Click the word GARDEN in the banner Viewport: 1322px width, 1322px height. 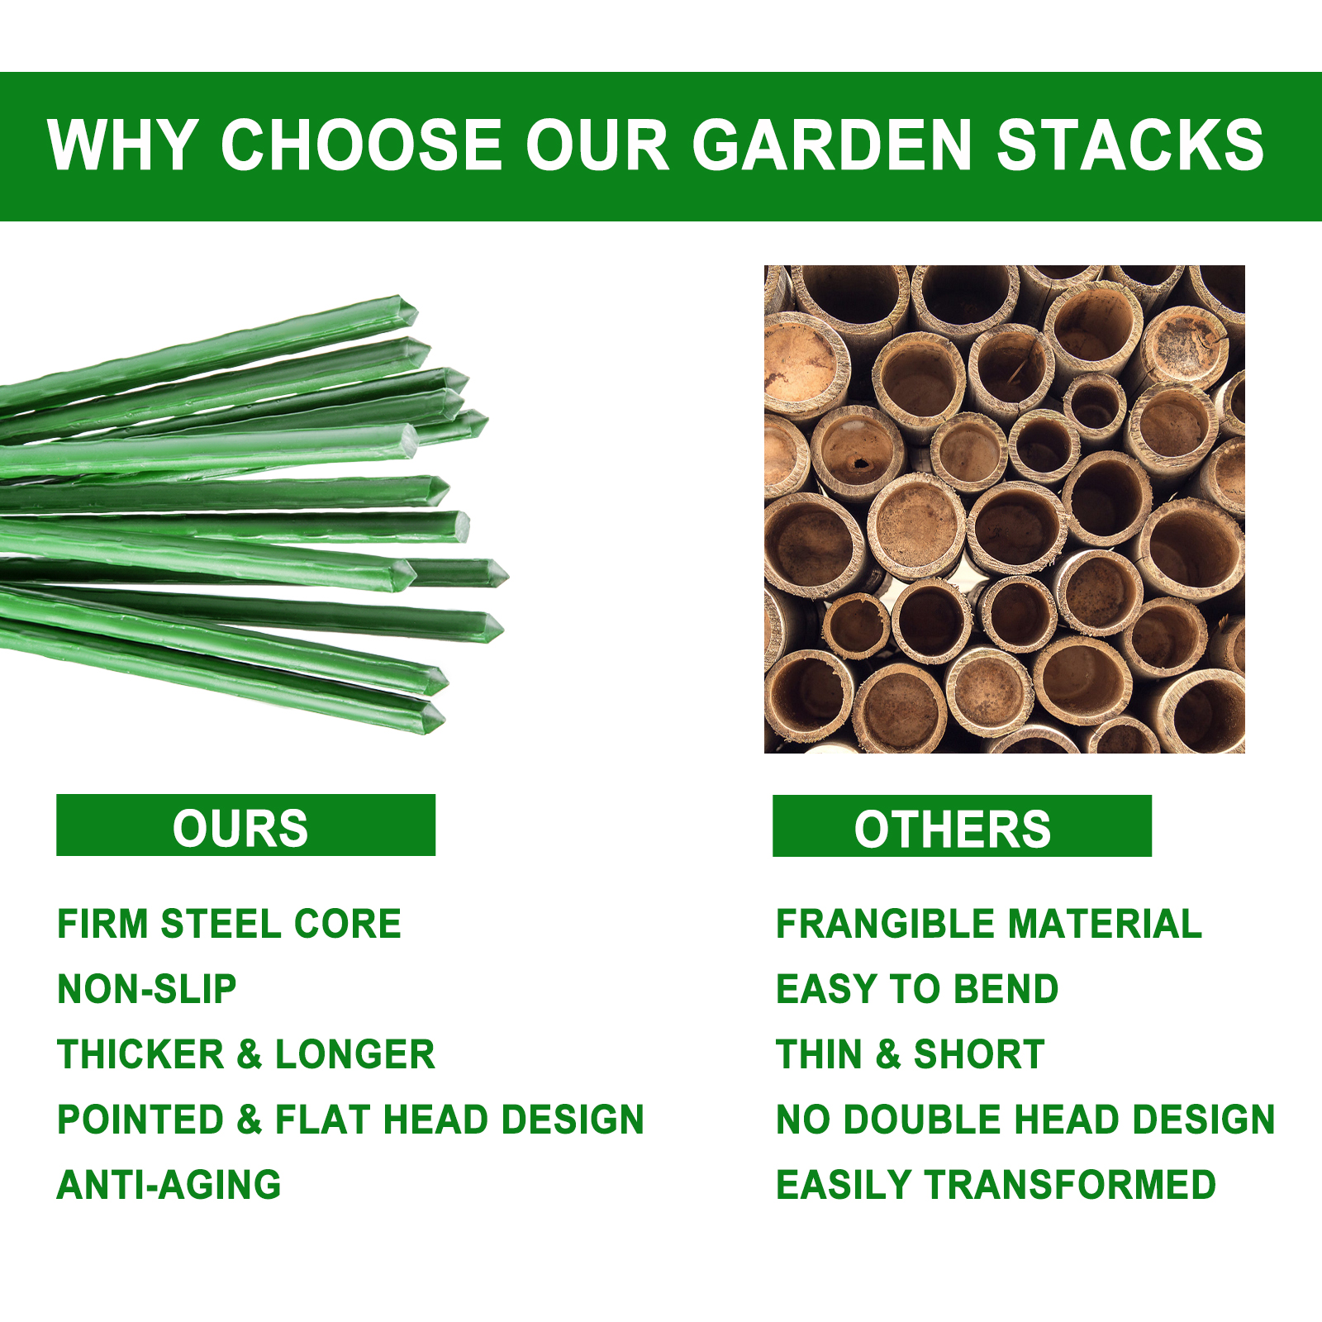(832, 145)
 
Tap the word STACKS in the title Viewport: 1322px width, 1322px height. (1131, 145)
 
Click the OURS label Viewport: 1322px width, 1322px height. (240, 828)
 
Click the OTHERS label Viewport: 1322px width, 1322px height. (953, 829)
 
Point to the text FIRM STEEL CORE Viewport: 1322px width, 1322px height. (229, 924)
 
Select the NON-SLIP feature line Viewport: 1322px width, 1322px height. (147, 989)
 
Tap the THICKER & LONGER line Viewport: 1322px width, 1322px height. (246, 1054)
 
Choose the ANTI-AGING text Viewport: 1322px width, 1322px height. (169, 1185)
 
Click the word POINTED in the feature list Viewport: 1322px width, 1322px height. (141, 1120)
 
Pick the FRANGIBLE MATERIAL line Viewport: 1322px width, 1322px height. (989, 924)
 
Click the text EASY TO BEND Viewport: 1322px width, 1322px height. (917, 989)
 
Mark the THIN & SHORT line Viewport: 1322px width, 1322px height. (911, 1054)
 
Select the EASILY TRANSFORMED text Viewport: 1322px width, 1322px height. (996, 1185)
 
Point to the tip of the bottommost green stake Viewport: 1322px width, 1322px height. (444, 719)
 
